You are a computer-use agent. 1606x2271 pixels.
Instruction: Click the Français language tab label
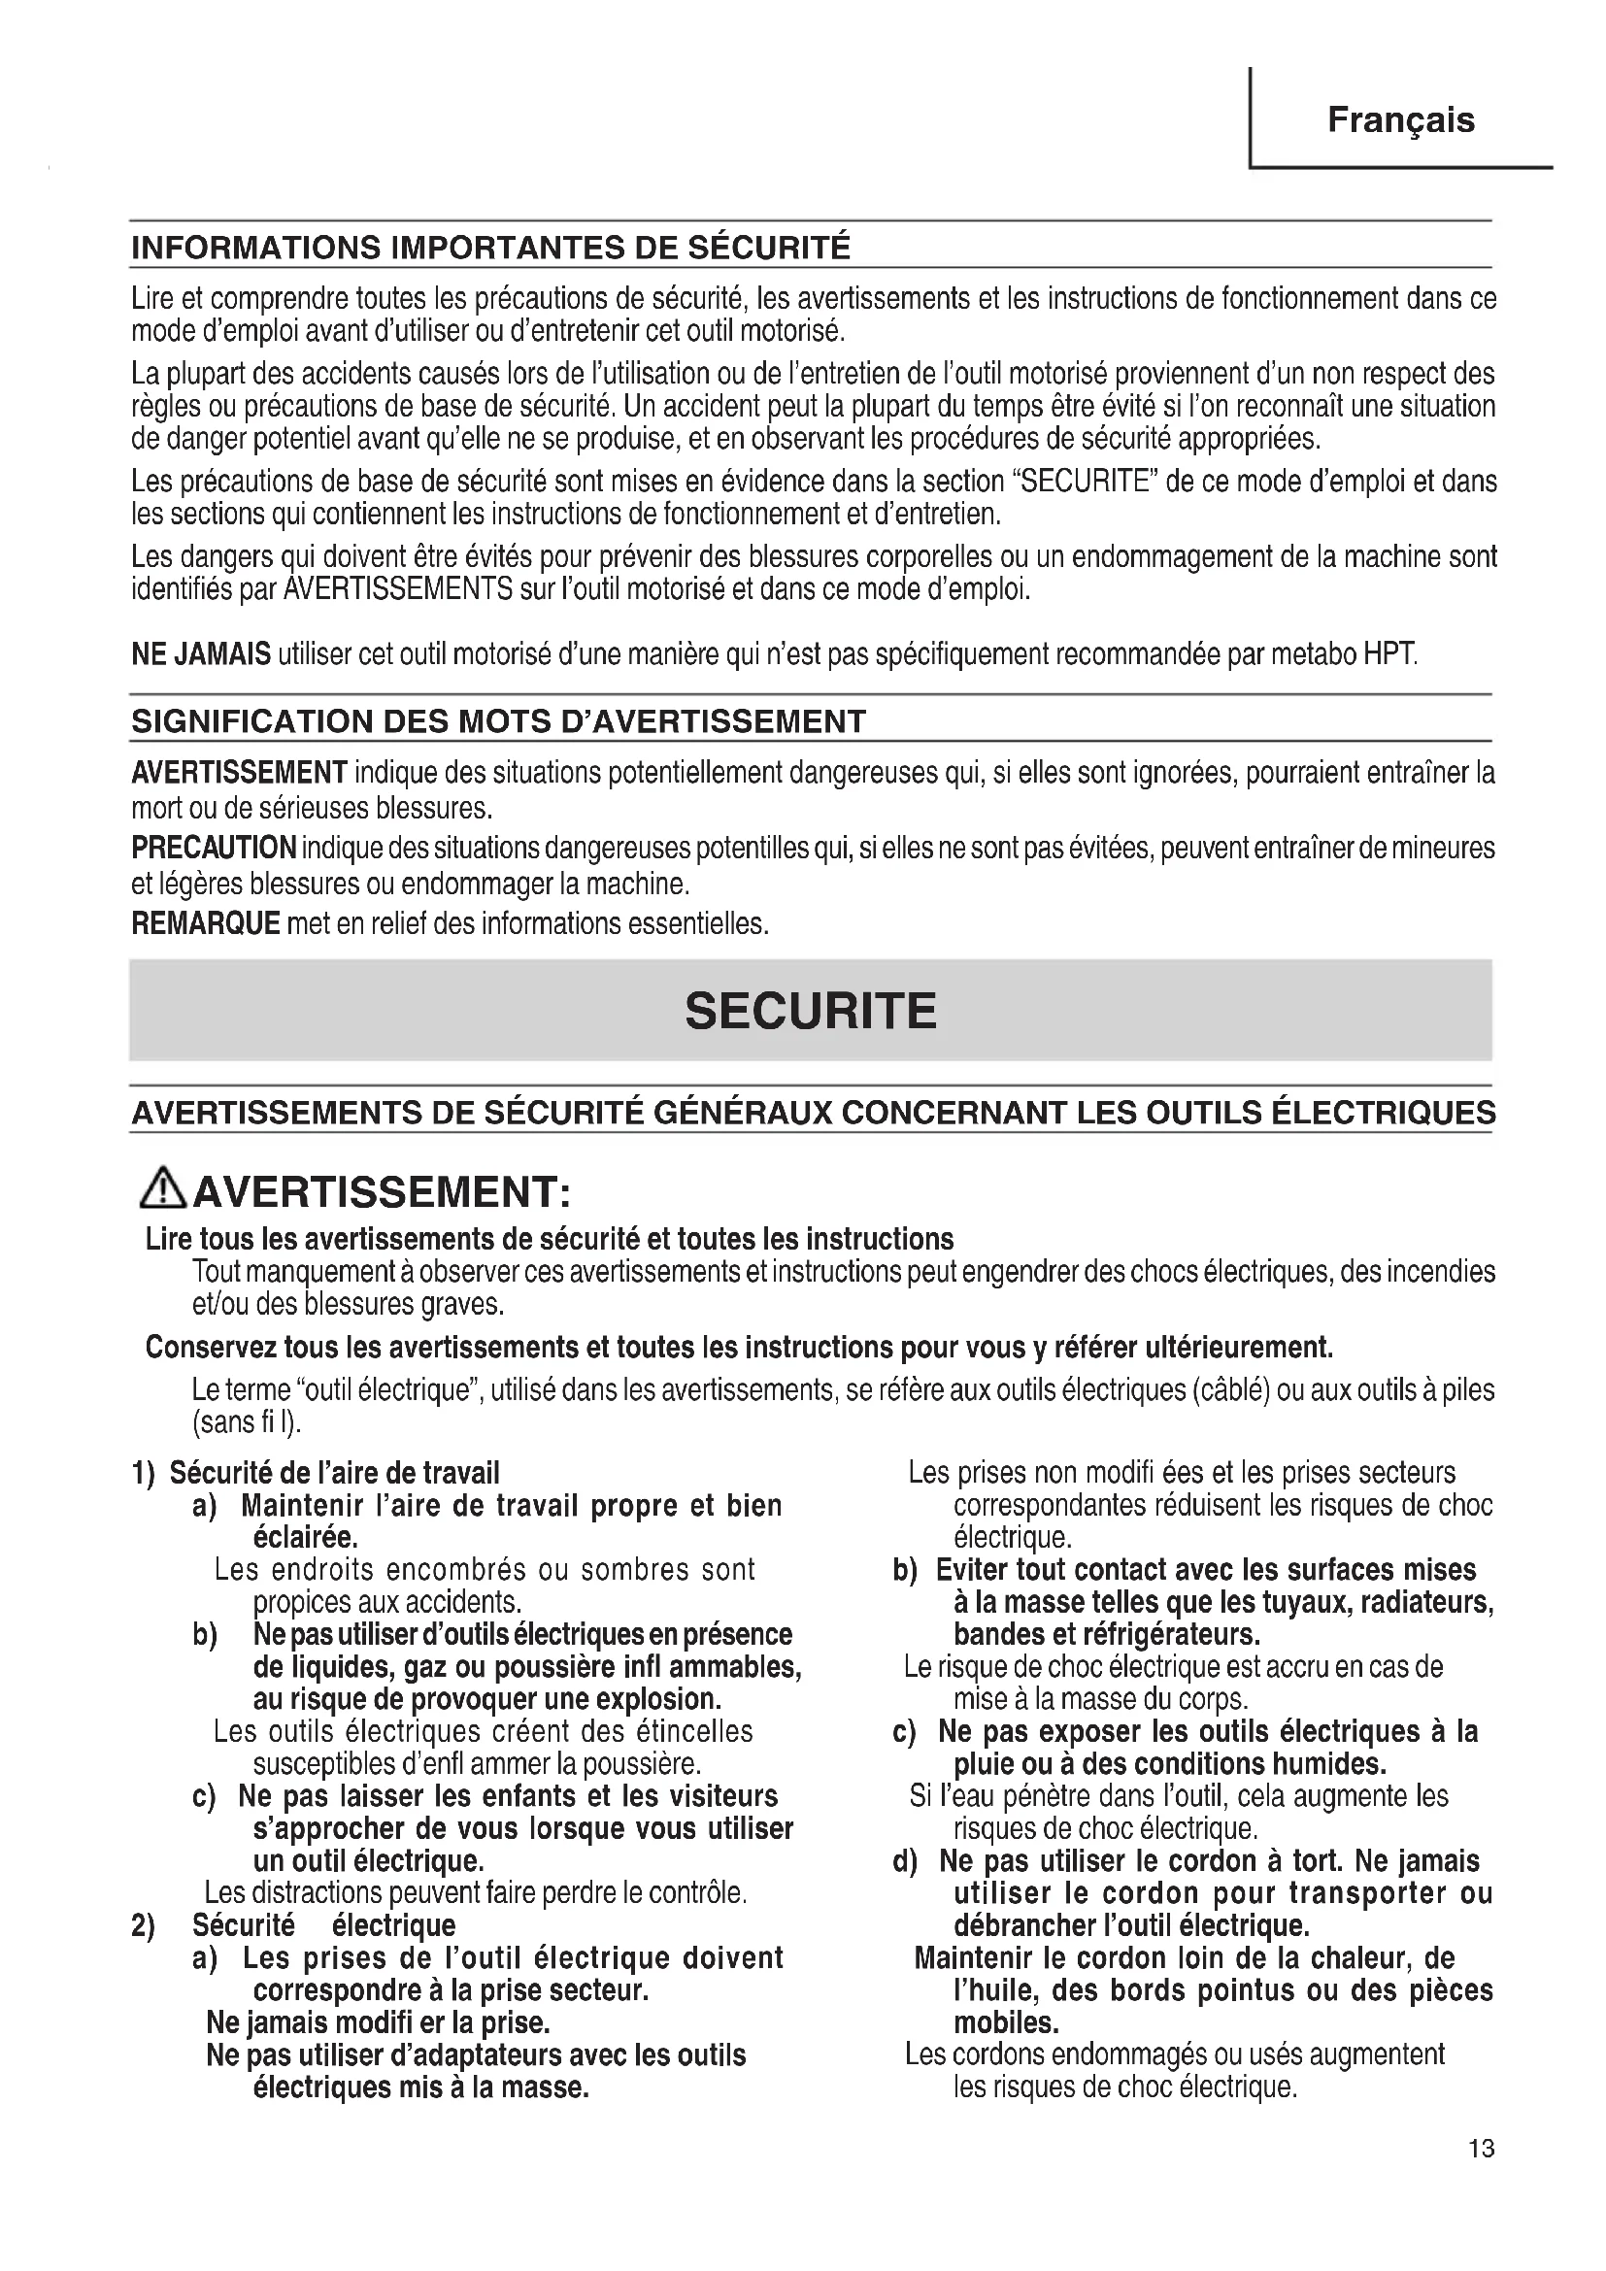coord(1400,120)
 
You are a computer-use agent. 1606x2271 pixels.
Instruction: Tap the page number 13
coord(1482,2149)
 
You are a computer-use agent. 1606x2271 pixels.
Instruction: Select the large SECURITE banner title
coord(810,1011)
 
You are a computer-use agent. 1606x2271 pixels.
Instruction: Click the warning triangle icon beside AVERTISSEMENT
coord(163,1189)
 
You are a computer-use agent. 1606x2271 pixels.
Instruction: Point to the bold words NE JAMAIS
coord(201,654)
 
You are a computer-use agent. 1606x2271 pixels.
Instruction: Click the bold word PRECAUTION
coord(214,848)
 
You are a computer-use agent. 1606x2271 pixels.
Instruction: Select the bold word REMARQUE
coord(206,923)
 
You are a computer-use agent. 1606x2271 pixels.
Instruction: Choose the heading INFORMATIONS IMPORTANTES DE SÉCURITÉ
coord(490,248)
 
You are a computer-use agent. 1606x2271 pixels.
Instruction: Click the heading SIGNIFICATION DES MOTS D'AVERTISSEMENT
coord(498,721)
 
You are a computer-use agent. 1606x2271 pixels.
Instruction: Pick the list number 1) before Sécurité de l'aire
coord(144,1474)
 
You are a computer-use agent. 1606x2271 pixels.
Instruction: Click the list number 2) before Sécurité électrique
coord(144,1925)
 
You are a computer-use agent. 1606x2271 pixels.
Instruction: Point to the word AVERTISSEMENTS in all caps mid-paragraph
coord(397,589)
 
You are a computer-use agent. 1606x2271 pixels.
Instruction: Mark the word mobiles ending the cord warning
coord(1006,2021)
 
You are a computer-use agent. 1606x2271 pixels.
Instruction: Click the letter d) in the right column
coord(904,1861)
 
